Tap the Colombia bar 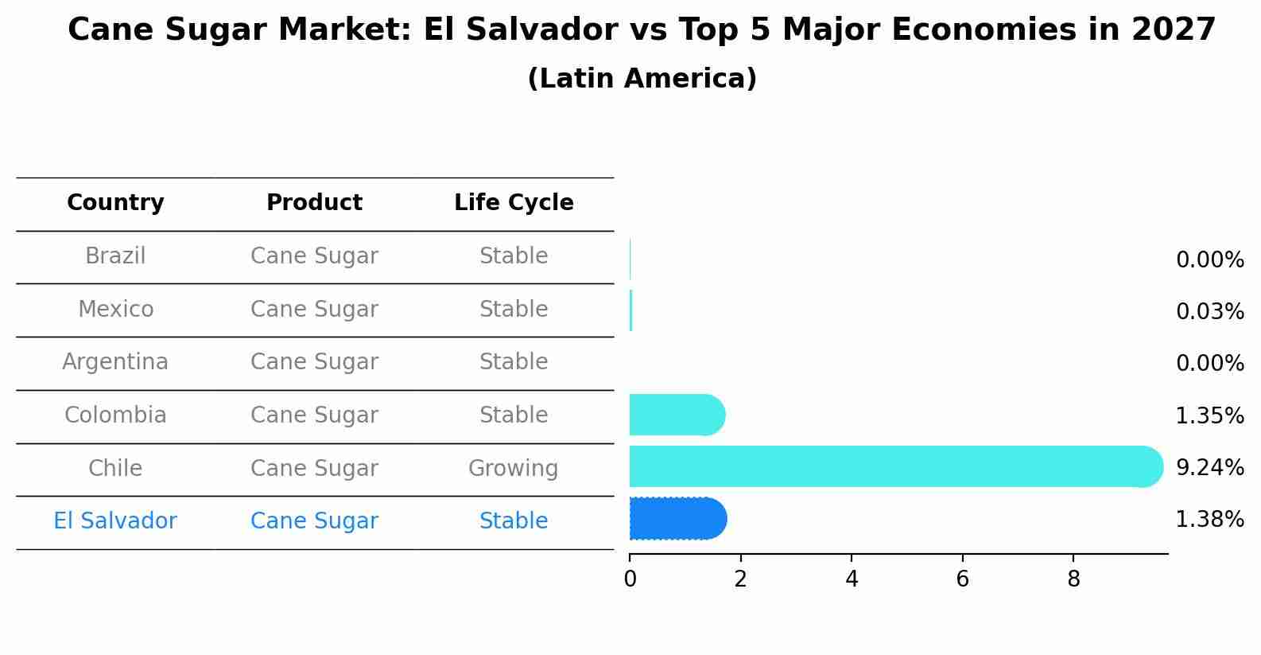(677, 415)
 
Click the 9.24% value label (1209, 467)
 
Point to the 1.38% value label (1209, 520)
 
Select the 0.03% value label (1209, 311)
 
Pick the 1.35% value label (1209, 415)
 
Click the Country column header (115, 203)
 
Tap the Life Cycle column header (514, 203)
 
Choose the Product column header (314, 203)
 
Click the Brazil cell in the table (115, 256)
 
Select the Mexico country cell (115, 309)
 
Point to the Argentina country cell (115, 362)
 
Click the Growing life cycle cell (514, 468)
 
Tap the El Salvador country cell (115, 521)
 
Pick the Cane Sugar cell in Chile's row (314, 468)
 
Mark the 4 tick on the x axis (852, 579)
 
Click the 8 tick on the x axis (1073, 579)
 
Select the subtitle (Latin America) (642, 79)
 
